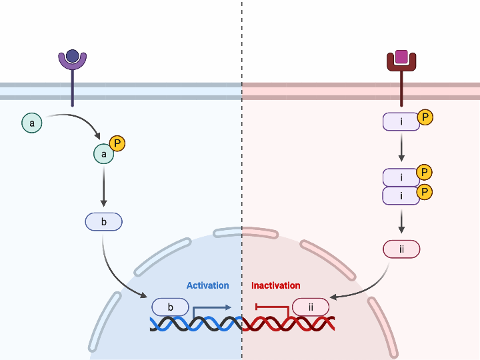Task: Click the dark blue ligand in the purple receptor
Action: coord(73,56)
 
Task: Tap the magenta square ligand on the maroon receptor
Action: coord(401,57)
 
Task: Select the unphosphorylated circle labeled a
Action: coord(31,123)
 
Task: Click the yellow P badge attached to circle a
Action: coord(117,143)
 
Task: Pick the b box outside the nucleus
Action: coord(103,222)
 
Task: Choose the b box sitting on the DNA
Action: coord(171,307)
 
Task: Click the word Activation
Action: coord(207,285)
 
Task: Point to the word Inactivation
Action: coord(275,285)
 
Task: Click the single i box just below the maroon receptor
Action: coord(401,122)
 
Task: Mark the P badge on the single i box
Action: coord(425,118)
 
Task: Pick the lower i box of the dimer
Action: coord(401,196)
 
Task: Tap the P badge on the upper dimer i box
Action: coord(424,173)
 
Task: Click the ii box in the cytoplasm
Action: coord(401,249)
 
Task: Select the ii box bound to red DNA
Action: coord(310,307)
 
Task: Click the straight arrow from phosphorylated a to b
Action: coord(103,187)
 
